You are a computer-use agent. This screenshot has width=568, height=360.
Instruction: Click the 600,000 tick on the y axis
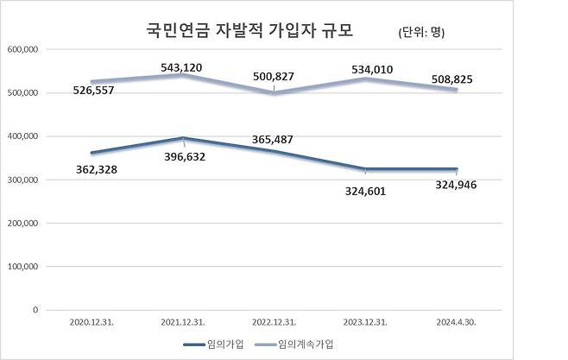[x=22, y=49]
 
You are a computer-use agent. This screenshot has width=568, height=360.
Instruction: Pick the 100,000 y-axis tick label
[x=22, y=266]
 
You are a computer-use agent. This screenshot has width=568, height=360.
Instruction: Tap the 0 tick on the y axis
[x=35, y=309]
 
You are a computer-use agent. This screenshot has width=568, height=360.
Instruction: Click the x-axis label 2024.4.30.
[x=457, y=322]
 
